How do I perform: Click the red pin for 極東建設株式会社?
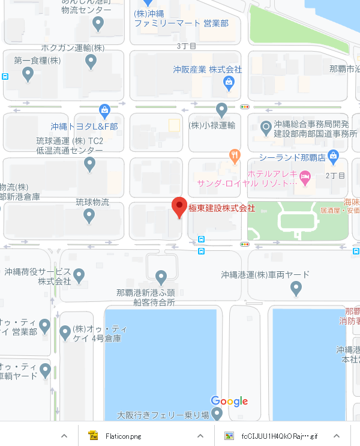[x=179, y=206]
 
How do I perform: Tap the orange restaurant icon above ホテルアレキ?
[x=235, y=155]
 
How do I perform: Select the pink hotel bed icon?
[x=305, y=176]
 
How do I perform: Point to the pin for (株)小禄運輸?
[x=221, y=110]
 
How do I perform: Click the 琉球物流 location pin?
[x=89, y=216]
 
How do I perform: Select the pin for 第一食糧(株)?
[x=28, y=74]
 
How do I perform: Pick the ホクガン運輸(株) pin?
[x=91, y=61]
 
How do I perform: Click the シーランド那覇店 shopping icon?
[x=334, y=157]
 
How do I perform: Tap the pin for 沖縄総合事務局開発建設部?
[x=266, y=127]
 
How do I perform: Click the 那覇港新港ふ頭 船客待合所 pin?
[x=160, y=277]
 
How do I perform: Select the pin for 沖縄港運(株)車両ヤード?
[x=295, y=289]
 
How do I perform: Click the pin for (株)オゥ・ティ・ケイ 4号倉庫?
[x=65, y=332]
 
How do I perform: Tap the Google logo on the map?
[x=229, y=402]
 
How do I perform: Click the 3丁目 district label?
[x=187, y=46]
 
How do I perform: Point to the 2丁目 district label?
[x=335, y=176]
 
